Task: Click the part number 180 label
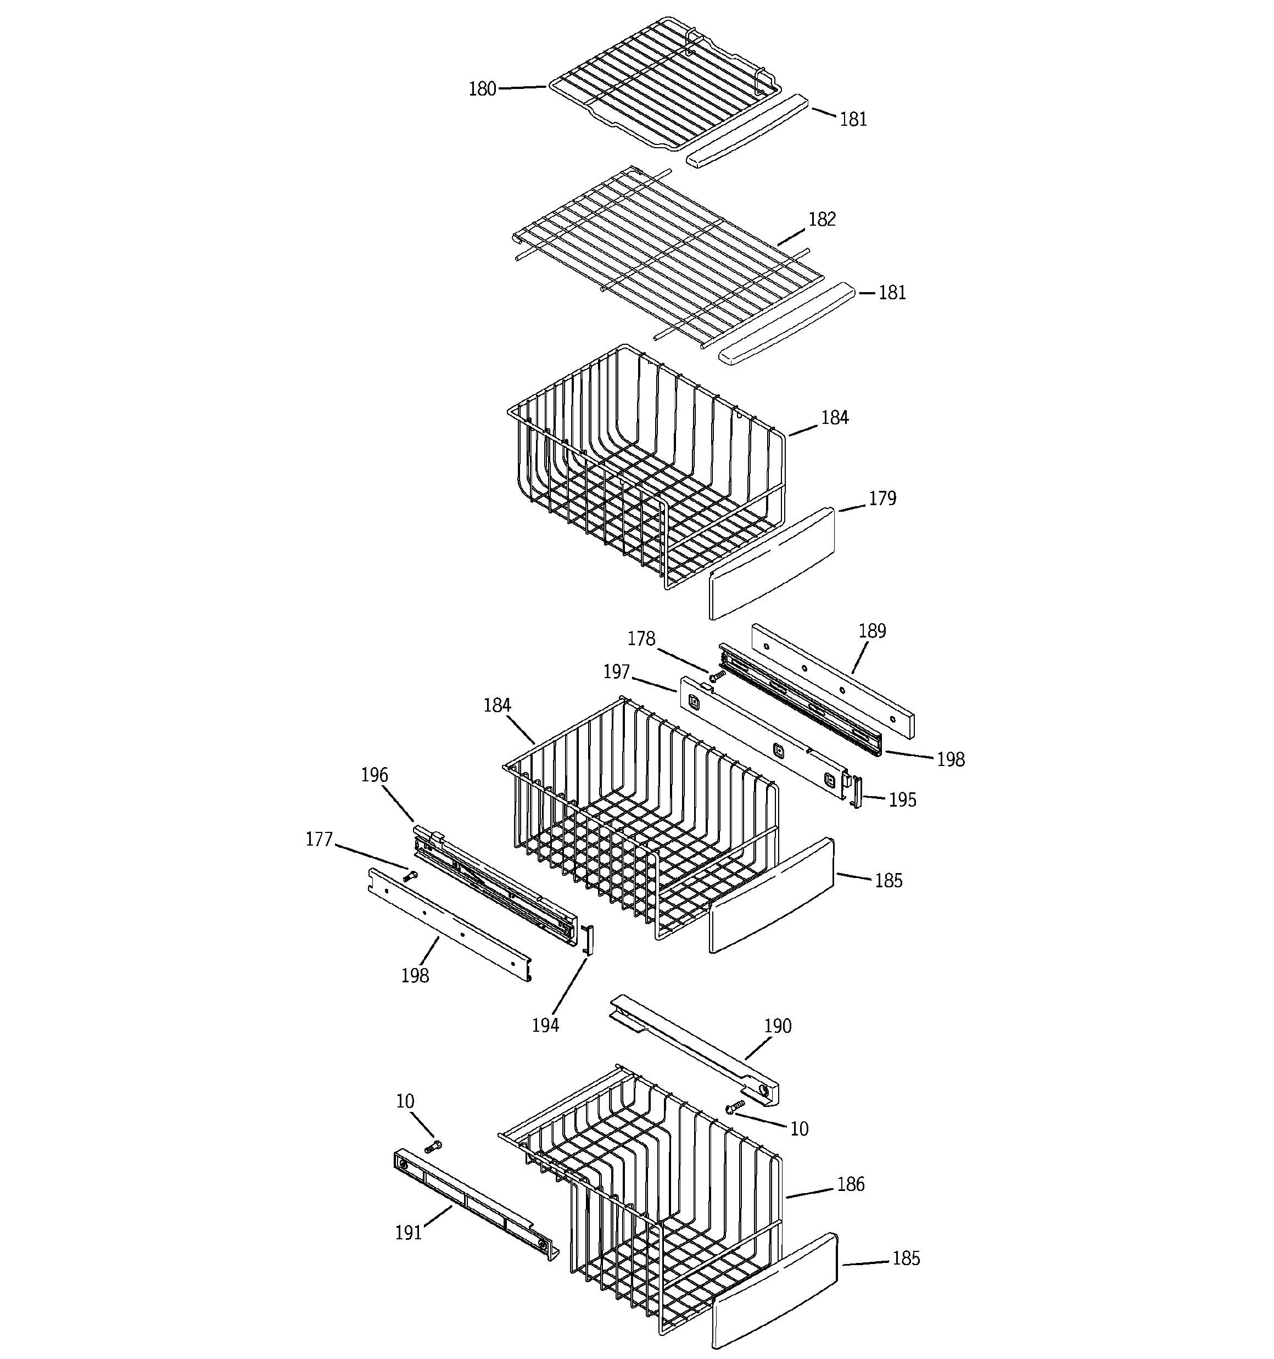(482, 90)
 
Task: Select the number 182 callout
(822, 220)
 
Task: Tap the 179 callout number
(881, 499)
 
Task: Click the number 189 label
(872, 630)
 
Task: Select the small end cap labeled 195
(856, 792)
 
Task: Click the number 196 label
(374, 775)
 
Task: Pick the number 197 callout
(616, 672)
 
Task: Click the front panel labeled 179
(772, 563)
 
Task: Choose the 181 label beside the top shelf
(853, 120)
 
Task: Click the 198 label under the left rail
(415, 976)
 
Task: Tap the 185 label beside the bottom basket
(906, 1259)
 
